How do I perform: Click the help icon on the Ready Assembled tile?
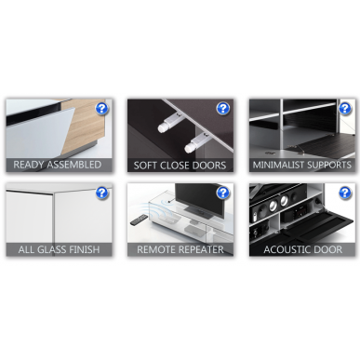click(101, 109)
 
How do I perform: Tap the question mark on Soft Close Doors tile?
click(222, 109)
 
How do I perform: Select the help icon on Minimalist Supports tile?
click(345, 109)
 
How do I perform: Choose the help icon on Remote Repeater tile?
click(222, 193)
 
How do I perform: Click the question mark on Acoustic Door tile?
click(345, 193)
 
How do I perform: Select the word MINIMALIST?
click(277, 165)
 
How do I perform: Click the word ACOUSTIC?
click(284, 249)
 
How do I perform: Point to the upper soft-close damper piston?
click(169, 122)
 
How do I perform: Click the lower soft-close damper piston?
click(196, 142)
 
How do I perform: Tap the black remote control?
click(139, 220)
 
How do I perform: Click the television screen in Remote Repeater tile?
click(198, 199)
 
